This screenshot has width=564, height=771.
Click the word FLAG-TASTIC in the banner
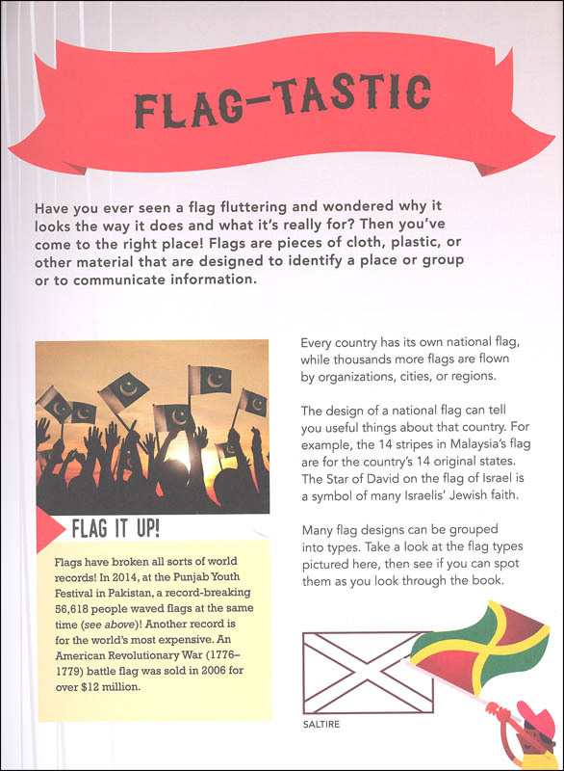point(282,99)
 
